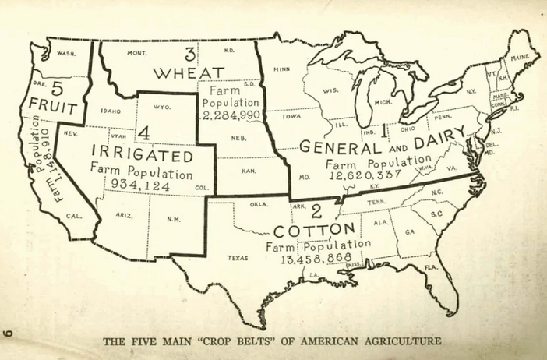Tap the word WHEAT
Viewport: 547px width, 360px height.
click(x=189, y=73)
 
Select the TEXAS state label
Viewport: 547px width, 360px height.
click(x=238, y=257)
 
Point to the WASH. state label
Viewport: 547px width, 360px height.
click(x=68, y=54)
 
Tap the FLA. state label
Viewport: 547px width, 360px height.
click(x=431, y=267)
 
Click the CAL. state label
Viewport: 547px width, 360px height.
click(x=74, y=216)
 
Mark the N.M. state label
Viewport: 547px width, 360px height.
click(x=173, y=218)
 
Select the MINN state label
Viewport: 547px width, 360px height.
click(x=281, y=69)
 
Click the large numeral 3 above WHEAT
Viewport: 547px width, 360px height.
click(x=189, y=54)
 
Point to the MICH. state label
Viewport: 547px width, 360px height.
click(x=383, y=102)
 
